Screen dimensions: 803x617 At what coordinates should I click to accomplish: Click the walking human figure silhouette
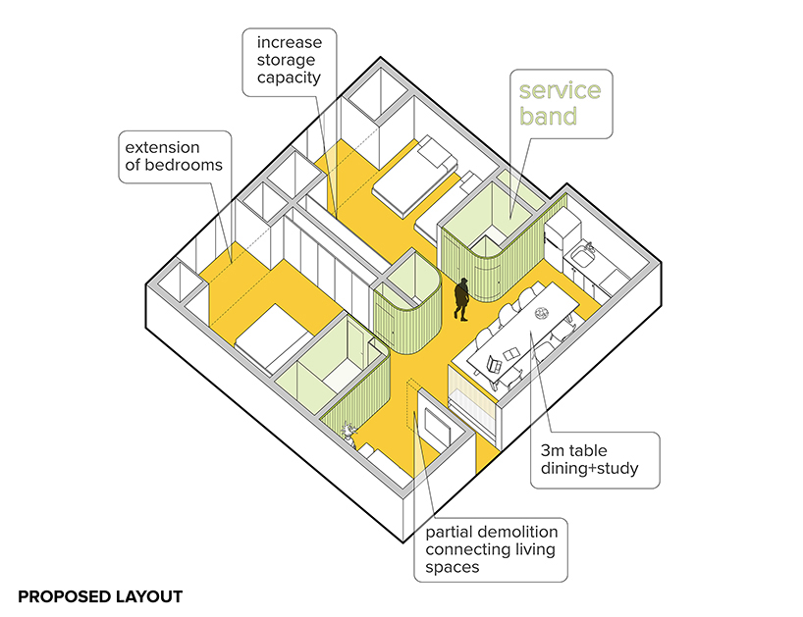pos(462,299)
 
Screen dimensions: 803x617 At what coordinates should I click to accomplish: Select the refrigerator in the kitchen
pos(562,230)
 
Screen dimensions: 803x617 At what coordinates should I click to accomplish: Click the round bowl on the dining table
pos(542,312)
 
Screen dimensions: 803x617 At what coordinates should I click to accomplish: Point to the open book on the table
pos(511,353)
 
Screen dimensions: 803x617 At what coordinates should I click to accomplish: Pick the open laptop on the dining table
pos(494,365)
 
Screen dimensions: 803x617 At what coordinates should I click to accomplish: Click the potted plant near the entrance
pos(349,433)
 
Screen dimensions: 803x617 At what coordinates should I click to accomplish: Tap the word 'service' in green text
pos(560,90)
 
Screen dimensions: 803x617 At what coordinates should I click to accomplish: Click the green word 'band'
pos(549,116)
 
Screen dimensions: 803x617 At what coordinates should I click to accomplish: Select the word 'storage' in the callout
pos(286,61)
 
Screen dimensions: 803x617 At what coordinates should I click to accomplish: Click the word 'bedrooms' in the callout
pos(184,165)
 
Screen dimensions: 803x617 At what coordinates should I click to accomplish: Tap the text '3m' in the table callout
pos(552,450)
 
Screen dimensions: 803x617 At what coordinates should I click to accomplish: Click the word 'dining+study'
pos(589,469)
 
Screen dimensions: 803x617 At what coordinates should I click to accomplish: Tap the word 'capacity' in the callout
pos(289,78)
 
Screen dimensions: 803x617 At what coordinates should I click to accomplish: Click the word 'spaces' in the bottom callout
pos(453,567)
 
